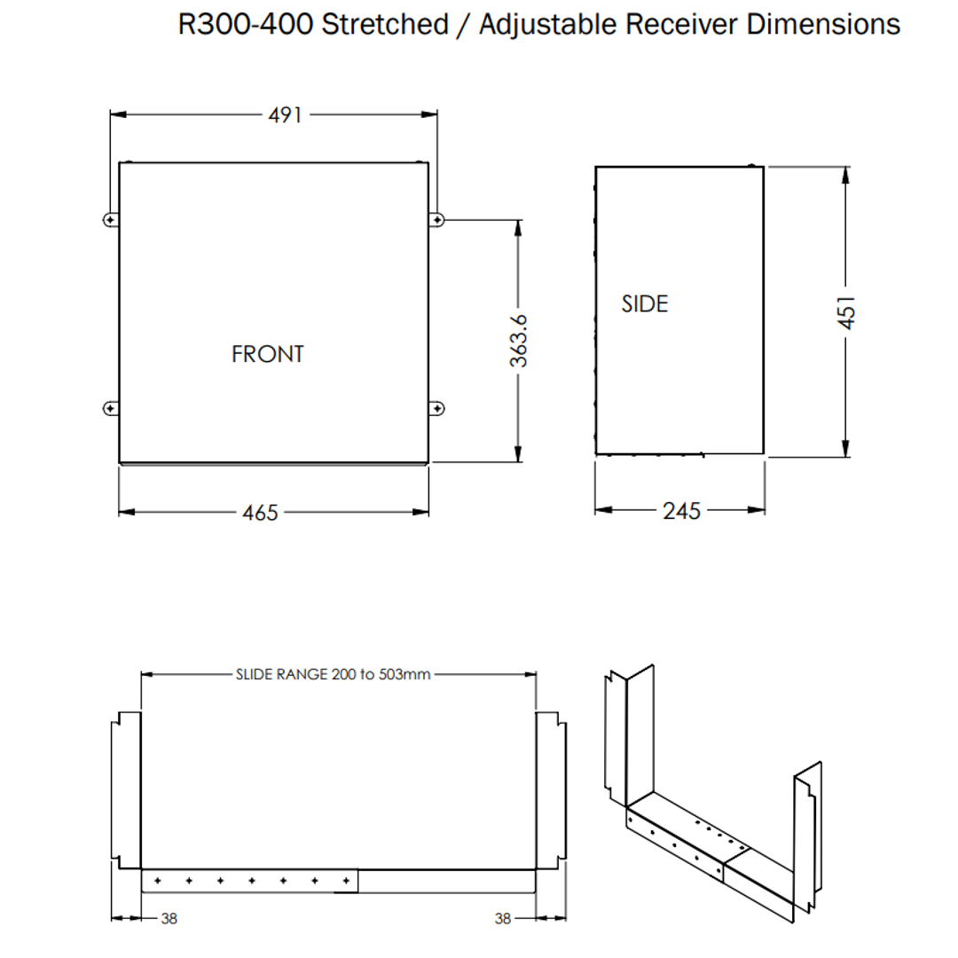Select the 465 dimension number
coord(260,513)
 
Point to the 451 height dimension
coord(847,311)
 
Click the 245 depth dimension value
coord(681,511)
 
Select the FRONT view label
coord(267,354)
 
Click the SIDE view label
coord(644,303)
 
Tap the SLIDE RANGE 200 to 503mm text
coord(333,674)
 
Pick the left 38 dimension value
coord(169,919)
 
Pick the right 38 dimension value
coord(503,919)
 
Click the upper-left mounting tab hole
coord(109,219)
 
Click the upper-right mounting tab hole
coord(437,219)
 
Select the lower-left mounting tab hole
coord(109,408)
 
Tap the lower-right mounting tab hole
coord(437,408)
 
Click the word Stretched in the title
coord(385,24)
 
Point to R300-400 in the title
coord(246,24)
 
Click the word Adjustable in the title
coord(547,24)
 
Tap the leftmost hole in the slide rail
coord(157,881)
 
